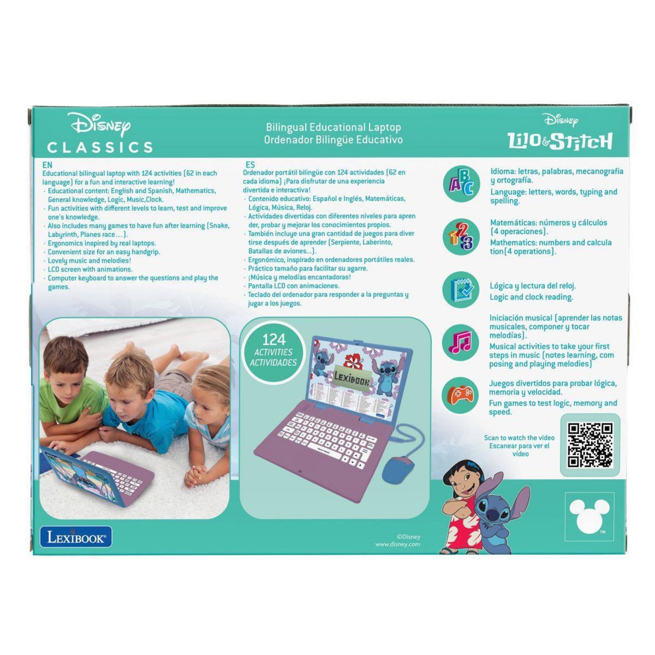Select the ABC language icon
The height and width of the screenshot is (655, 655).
pyautogui.click(x=462, y=183)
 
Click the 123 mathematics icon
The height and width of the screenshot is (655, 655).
pyautogui.click(x=462, y=236)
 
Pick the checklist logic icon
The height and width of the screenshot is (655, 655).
pyautogui.click(x=462, y=290)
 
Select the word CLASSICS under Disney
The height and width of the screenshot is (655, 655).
pyautogui.click(x=100, y=147)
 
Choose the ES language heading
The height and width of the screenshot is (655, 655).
pyautogui.click(x=250, y=165)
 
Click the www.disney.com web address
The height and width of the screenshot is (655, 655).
pyautogui.click(x=397, y=544)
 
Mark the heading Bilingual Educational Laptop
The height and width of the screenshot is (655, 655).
pyautogui.click(x=334, y=127)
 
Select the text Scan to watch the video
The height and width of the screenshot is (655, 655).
pyautogui.click(x=519, y=438)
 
